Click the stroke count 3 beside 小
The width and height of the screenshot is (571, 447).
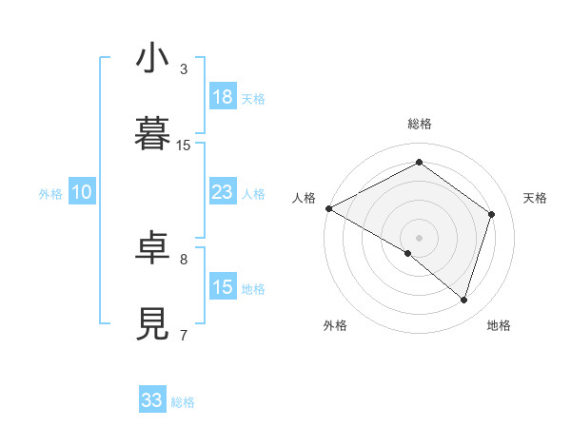[x=184, y=69]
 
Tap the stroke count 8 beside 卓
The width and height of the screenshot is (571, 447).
[x=184, y=259]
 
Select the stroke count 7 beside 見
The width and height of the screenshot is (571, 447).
[x=184, y=335]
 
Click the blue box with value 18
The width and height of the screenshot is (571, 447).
[x=223, y=97]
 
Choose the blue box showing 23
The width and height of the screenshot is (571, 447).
[x=223, y=192]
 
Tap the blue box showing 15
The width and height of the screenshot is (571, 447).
[x=223, y=287]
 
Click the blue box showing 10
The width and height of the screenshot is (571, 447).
[x=82, y=192]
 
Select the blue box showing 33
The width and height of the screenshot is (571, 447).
[x=152, y=400]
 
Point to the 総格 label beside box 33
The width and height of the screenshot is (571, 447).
[x=183, y=402]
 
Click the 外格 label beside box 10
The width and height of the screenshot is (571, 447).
[x=50, y=194]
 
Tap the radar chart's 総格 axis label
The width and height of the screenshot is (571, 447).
[x=420, y=124]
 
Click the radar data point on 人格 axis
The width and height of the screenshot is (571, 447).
[x=328, y=207]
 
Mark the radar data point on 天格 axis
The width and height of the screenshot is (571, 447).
[x=492, y=214]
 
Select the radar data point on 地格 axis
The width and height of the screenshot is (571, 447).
[x=463, y=301]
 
